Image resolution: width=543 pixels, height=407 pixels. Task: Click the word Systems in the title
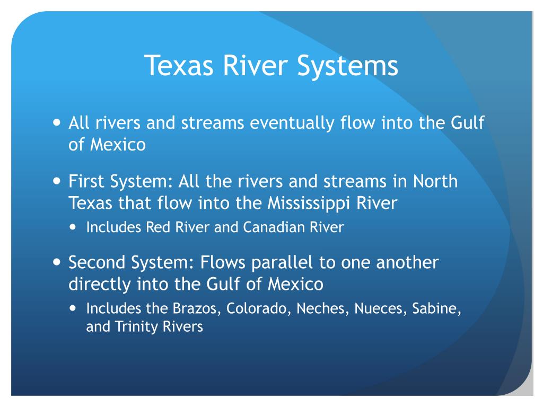click(348, 66)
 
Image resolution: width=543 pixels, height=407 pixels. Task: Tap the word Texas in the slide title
click(179, 65)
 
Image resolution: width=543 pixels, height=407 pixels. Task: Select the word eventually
click(292, 123)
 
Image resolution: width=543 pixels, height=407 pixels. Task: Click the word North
click(435, 181)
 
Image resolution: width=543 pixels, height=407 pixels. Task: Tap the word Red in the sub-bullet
click(158, 227)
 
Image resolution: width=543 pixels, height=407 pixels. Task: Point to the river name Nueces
click(381, 309)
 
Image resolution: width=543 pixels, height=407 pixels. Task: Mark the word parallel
click(282, 263)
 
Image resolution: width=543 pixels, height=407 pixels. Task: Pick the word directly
click(99, 285)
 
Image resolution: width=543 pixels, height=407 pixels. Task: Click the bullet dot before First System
click(57, 181)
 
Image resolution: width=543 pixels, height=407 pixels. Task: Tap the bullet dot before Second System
click(57, 262)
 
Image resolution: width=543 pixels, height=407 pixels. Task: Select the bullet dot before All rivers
click(57, 122)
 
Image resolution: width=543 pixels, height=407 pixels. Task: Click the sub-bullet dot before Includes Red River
click(72, 227)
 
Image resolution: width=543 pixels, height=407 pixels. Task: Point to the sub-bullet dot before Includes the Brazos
click(72, 308)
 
